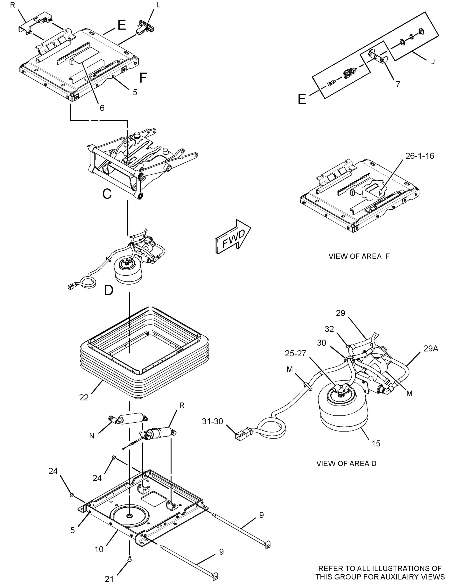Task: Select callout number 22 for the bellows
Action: click(84, 397)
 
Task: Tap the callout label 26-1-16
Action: click(419, 156)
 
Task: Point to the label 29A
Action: click(430, 349)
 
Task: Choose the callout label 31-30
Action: click(212, 421)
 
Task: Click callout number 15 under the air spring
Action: click(376, 443)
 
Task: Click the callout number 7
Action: click(398, 84)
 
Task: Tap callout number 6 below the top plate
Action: click(102, 108)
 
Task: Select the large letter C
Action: click(107, 194)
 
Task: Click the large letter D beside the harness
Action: click(108, 290)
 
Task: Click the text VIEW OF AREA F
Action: click(359, 256)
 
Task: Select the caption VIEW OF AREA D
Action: click(346, 463)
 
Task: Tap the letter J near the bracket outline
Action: click(433, 62)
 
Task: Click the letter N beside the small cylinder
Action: click(92, 436)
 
